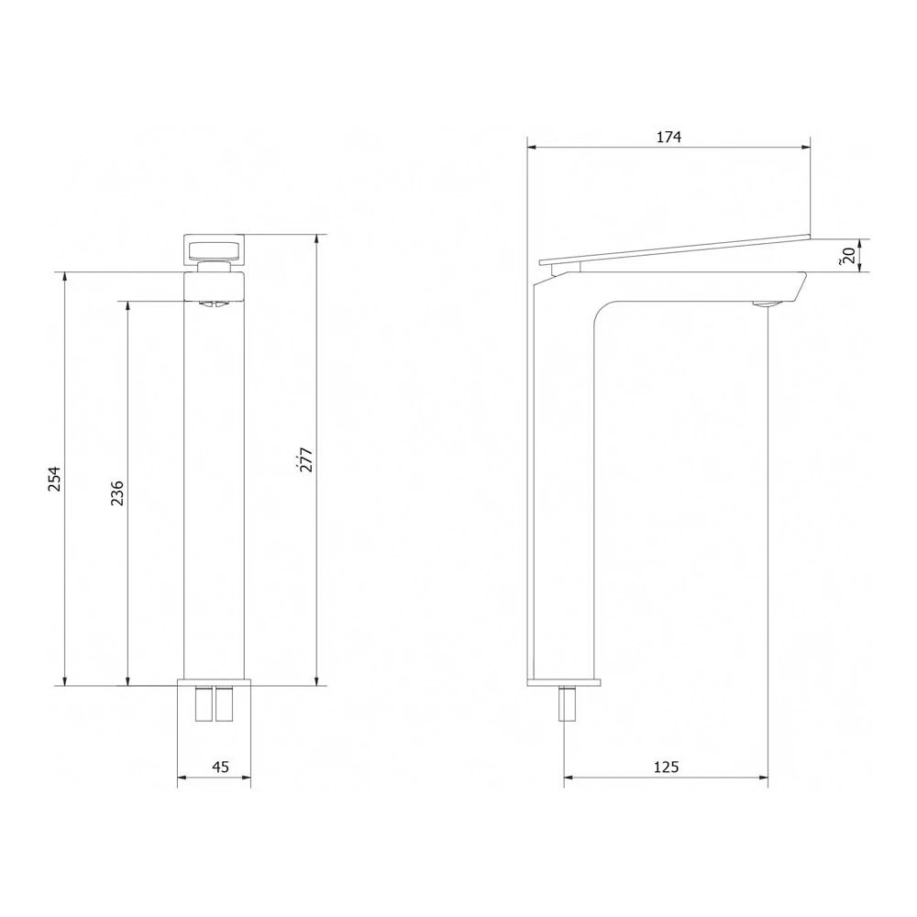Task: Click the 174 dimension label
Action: coord(668,138)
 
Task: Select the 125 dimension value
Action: coord(668,767)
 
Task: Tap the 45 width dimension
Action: coord(220,767)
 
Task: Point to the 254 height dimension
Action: coord(55,479)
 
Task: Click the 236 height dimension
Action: coord(116,492)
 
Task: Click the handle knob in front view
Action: coord(213,249)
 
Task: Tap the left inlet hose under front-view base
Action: coord(204,703)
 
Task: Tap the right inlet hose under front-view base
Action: coord(226,703)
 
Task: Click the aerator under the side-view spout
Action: coord(764,304)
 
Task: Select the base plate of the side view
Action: coord(564,682)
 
